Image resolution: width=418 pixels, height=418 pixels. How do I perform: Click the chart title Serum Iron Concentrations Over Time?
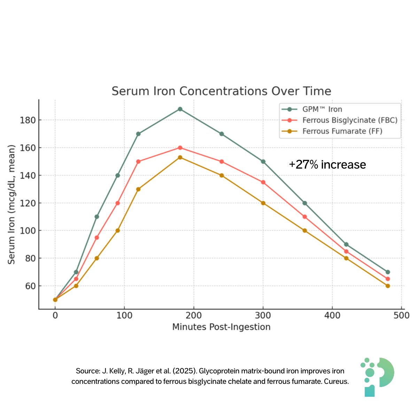pyautogui.click(x=221, y=91)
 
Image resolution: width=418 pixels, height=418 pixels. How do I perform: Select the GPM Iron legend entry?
pyautogui.click(x=322, y=109)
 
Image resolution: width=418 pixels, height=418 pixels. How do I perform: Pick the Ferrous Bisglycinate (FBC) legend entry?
pyautogui.click(x=349, y=120)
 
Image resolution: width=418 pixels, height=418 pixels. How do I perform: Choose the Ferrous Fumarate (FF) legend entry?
pyautogui.click(x=342, y=131)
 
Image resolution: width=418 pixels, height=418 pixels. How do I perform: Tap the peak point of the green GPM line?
pyautogui.click(x=180, y=109)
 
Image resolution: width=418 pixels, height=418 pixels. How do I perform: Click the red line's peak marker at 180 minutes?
pyautogui.click(x=180, y=148)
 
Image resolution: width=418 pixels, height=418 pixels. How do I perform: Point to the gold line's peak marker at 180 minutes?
pyautogui.click(x=180, y=157)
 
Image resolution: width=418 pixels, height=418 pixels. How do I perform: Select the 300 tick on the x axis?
pyautogui.click(x=263, y=315)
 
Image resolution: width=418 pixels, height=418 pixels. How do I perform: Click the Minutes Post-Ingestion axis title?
pyautogui.click(x=221, y=327)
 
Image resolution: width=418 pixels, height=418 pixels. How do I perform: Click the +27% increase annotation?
pyautogui.click(x=327, y=165)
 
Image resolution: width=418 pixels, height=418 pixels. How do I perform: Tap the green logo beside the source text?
pyautogui.click(x=377, y=377)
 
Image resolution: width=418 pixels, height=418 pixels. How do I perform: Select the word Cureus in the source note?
pyautogui.click(x=336, y=381)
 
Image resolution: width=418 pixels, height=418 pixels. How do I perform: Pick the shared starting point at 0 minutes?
pyautogui.click(x=55, y=300)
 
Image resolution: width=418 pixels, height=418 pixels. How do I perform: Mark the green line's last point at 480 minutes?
pyautogui.click(x=388, y=272)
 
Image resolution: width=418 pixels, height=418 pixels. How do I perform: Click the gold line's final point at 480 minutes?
pyautogui.click(x=388, y=286)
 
